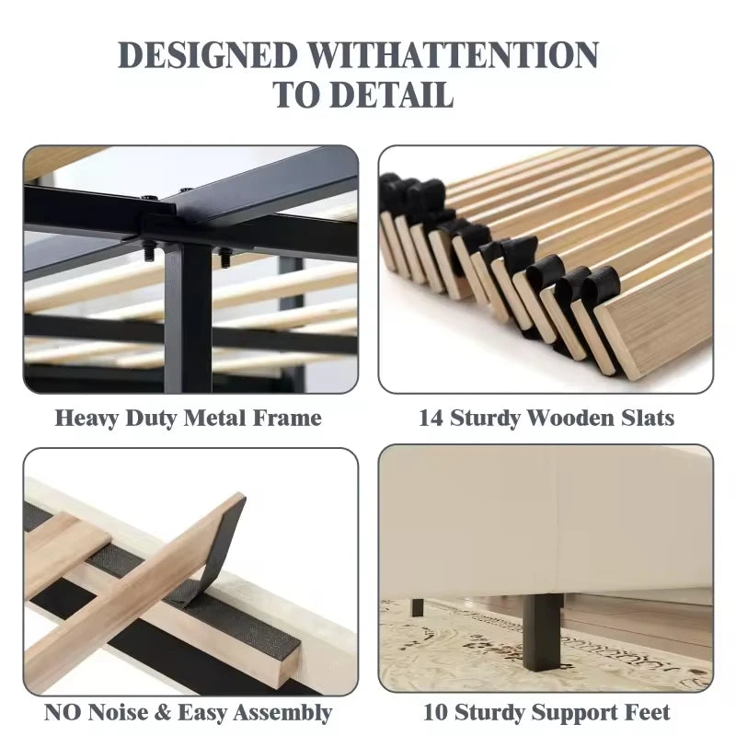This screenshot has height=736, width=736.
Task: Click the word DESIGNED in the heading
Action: pos(208,55)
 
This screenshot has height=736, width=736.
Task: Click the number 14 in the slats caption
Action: pos(431,418)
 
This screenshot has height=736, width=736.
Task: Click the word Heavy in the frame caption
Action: pos(86,419)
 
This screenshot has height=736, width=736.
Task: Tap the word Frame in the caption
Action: pos(287,418)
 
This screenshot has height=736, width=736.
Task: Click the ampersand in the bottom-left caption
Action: pos(163,712)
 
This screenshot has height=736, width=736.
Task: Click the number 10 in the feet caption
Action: pos(435,712)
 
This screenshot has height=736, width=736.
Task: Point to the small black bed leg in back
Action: pos(418,607)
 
